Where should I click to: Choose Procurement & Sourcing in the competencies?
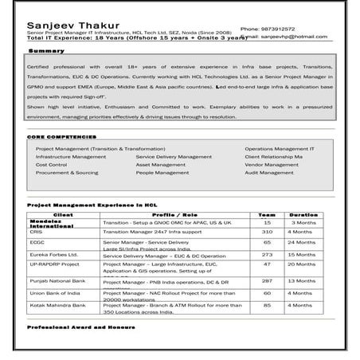coord(68,172)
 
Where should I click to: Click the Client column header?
coord(62,214)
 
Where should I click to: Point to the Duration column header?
coord(303,214)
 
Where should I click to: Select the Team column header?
coord(267,214)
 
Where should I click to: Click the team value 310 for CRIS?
coord(267,232)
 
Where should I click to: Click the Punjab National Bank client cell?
coord(56,280)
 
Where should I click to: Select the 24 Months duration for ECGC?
coord(303,241)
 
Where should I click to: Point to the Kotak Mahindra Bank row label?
coord(56,304)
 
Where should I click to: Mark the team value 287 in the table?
coord(267,280)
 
